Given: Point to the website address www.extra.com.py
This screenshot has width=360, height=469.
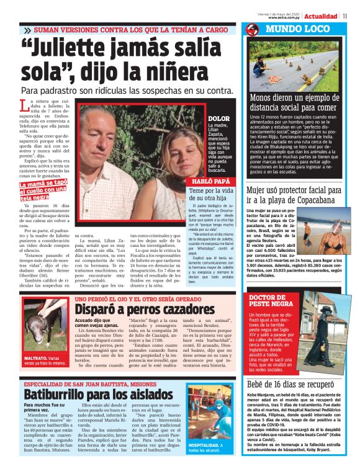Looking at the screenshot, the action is click(286, 17).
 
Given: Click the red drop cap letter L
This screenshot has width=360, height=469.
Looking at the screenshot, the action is click(24, 105).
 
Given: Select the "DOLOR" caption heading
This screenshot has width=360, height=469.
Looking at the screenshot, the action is click(218, 118).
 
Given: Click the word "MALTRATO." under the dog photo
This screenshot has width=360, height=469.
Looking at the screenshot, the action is click(36, 358).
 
